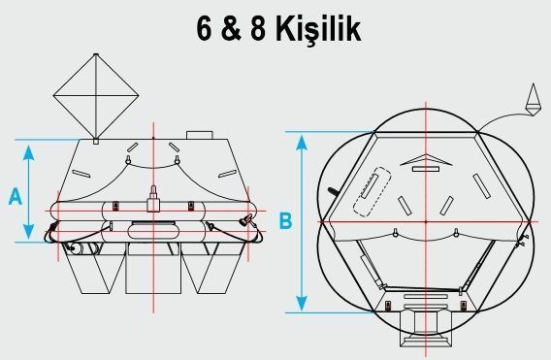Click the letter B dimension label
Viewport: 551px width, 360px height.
pos(285,220)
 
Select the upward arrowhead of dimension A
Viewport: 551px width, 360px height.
pos(32,150)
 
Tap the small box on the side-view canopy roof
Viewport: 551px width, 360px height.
pos(199,134)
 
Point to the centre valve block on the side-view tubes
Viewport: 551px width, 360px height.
pos(153,202)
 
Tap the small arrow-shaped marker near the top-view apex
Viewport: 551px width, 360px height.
pos(426,159)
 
